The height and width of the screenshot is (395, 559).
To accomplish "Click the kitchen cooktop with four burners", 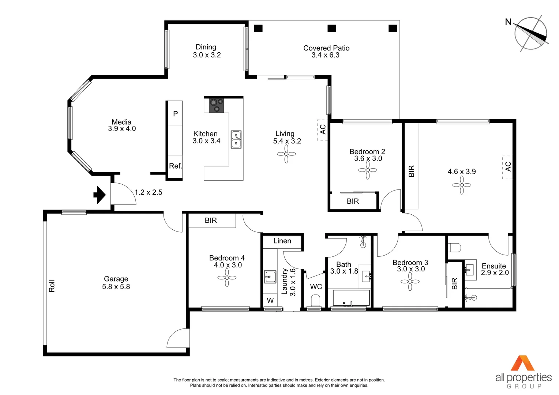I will [x=216, y=105].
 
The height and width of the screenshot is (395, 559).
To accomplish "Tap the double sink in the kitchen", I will [x=236, y=139].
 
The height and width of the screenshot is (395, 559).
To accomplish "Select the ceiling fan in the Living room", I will [x=286, y=154].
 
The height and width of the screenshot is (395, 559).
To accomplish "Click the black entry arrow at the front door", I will [x=99, y=195].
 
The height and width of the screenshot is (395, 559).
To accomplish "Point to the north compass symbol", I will [x=530, y=33].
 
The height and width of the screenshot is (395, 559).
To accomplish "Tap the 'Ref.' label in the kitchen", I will [x=175, y=166].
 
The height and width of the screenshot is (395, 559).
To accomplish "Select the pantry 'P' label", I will [x=175, y=114].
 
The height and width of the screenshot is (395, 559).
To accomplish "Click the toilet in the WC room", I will [x=315, y=302].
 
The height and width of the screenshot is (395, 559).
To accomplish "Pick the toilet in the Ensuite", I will [x=455, y=248].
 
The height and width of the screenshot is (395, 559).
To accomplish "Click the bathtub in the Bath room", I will [x=351, y=298].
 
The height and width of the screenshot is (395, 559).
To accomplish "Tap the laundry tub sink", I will [x=270, y=277].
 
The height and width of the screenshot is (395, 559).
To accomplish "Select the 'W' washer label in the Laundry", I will [x=270, y=301].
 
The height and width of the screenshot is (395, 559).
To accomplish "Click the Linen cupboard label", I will [x=282, y=241].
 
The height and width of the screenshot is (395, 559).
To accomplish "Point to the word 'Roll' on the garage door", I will [x=52, y=286].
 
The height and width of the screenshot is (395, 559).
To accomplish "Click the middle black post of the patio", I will [x=331, y=29].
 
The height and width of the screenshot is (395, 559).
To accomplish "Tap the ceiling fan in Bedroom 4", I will [x=227, y=278].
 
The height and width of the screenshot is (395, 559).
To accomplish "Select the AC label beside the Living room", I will [x=322, y=129].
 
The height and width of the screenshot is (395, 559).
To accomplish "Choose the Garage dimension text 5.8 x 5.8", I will [x=116, y=287].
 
